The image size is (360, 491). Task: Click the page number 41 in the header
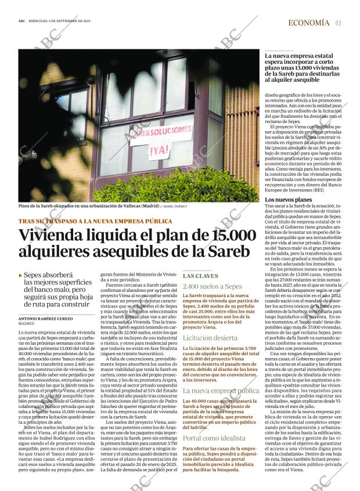coord(337,23)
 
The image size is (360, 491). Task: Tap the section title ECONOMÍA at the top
coord(308,23)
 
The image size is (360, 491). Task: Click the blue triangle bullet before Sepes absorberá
coord(21,276)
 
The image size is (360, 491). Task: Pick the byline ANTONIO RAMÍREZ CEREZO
coord(47,319)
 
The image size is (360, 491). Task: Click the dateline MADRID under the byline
coord(26,324)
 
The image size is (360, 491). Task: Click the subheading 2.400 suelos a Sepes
coord(212,287)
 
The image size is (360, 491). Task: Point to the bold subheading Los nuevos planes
coord(288,200)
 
